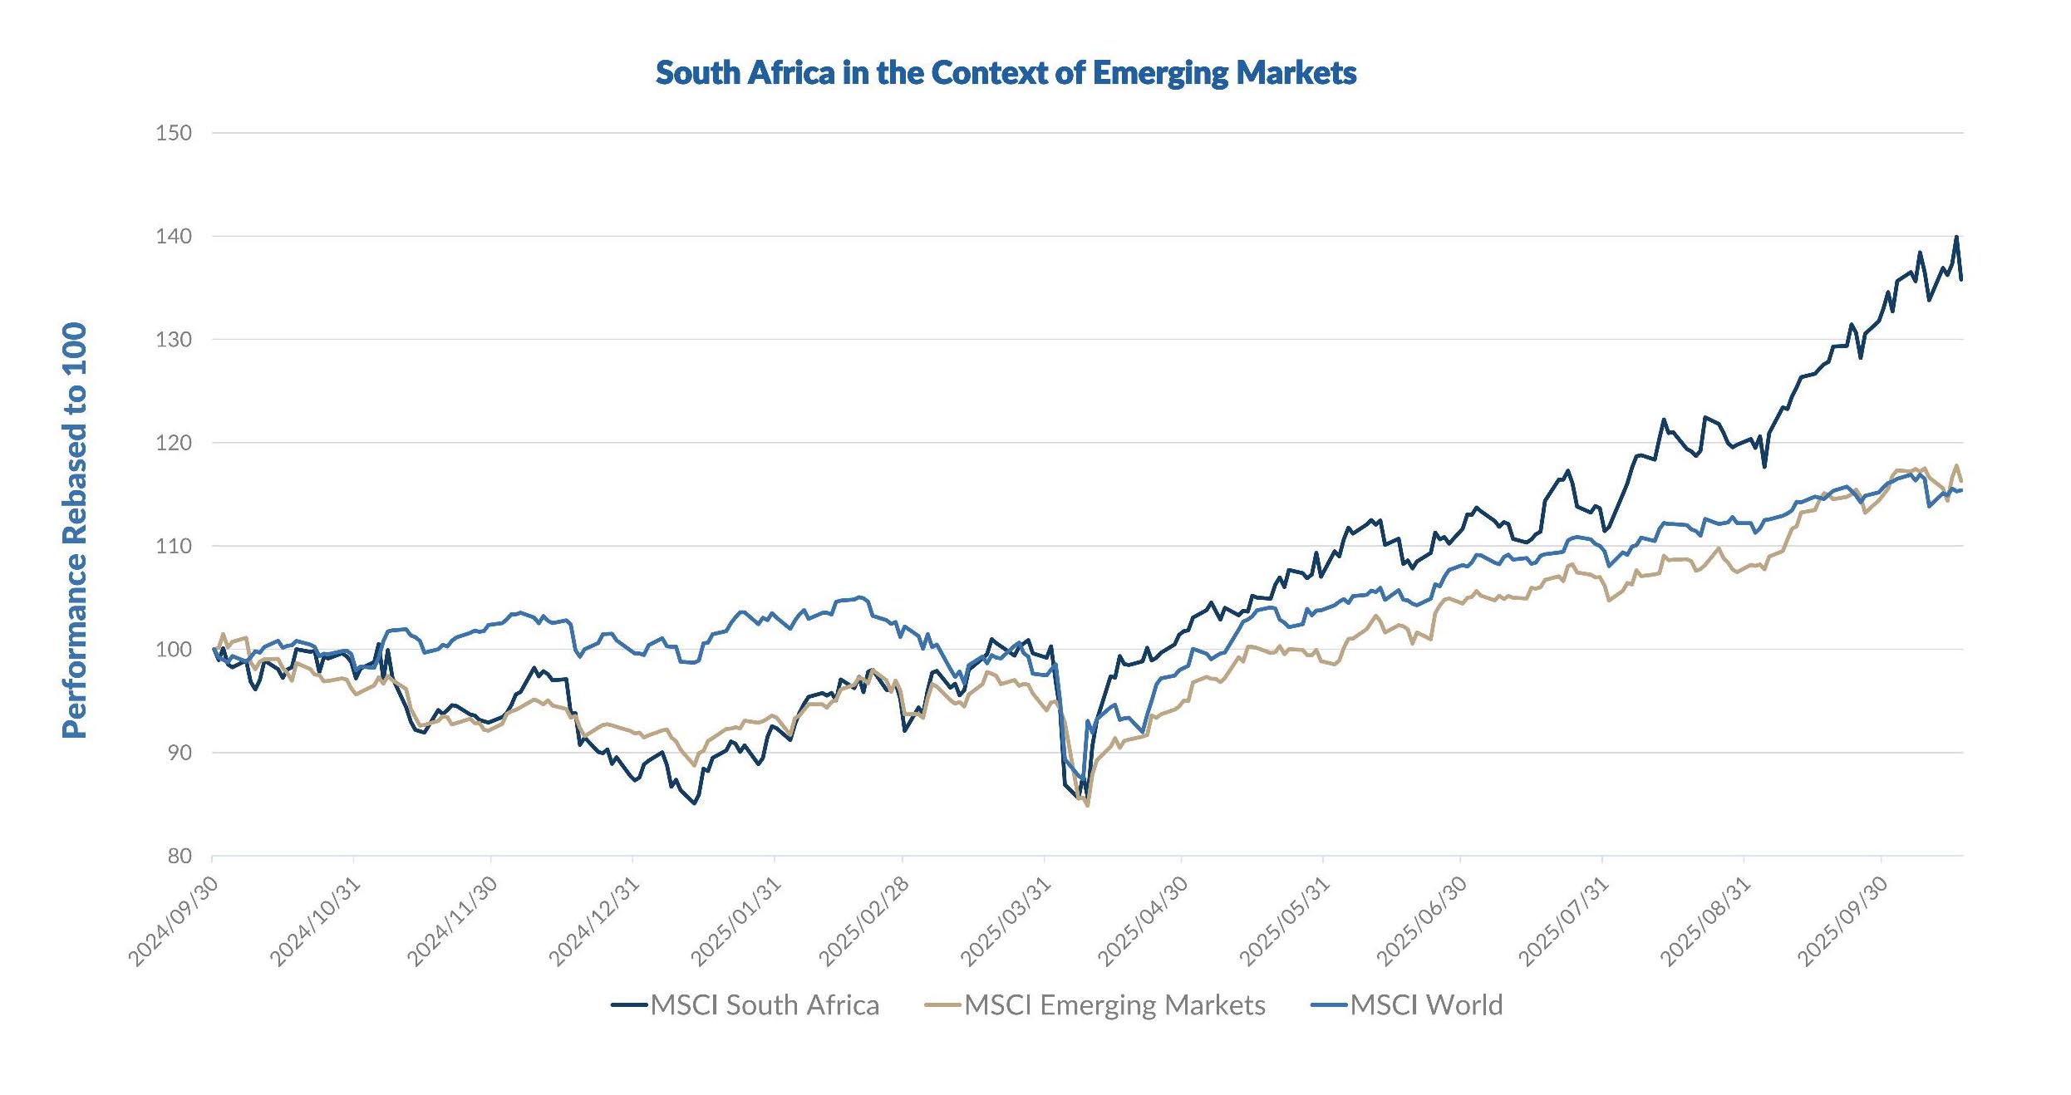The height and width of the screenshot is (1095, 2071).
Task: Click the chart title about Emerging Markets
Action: [1006, 73]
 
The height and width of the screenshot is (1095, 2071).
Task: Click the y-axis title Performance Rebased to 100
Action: [75, 530]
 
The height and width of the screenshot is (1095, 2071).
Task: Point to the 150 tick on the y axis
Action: [173, 133]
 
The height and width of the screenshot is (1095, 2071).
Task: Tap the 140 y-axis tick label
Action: [173, 236]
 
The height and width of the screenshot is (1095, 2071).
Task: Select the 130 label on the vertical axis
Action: [173, 339]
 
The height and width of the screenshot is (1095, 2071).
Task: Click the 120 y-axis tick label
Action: [173, 443]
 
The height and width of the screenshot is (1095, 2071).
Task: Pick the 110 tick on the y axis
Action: [173, 546]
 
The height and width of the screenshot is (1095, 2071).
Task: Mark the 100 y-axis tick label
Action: [173, 649]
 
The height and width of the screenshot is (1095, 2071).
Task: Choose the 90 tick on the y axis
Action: [179, 753]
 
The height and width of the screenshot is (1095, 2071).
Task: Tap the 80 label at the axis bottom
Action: [179, 856]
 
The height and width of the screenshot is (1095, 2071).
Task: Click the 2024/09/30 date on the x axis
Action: [174, 921]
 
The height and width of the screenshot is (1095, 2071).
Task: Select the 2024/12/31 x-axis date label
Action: [594, 921]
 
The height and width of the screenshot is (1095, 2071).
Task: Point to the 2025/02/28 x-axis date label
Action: [864, 921]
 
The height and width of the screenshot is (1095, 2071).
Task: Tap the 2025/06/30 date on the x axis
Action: [1422, 921]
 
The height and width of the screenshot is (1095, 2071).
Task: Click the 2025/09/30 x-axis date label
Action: [1843, 921]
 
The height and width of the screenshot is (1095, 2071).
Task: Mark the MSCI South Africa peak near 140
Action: [1956, 238]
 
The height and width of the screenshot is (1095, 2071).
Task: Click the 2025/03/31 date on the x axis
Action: [1006, 921]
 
